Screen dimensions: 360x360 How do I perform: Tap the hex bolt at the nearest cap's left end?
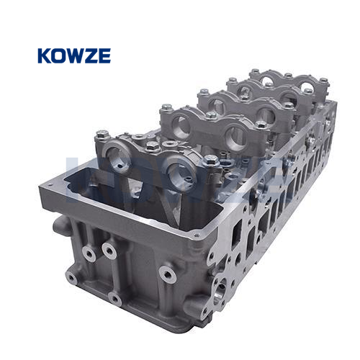point(102,135)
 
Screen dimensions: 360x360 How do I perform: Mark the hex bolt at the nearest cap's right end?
point(211,160)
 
